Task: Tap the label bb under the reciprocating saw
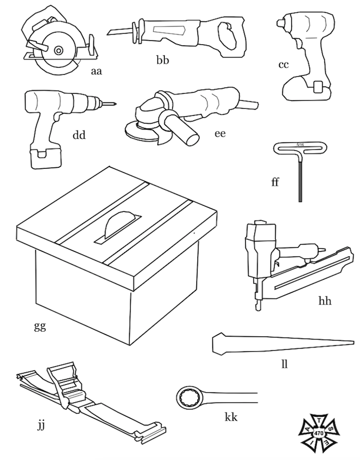tap(163, 60)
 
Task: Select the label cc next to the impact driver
tap(283, 64)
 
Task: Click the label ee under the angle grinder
tap(219, 133)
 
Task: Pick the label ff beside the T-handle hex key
tap(275, 183)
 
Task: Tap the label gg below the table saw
tap(39, 325)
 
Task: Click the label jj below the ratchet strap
tap(42, 425)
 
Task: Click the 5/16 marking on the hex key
tap(301, 144)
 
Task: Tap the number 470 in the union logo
tap(319, 434)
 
